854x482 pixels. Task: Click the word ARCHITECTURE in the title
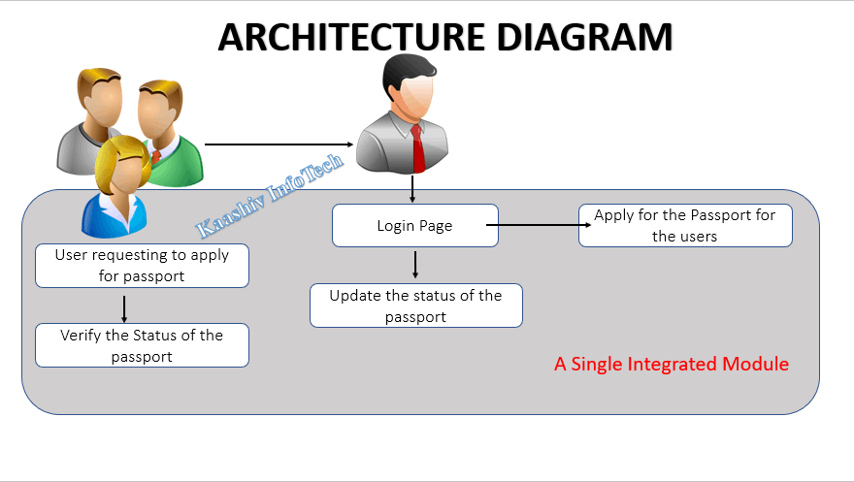tap(352, 37)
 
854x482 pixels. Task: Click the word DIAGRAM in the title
tap(584, 37)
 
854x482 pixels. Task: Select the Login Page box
tap(415, 225)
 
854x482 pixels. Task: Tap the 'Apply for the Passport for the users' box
tap(685, 225)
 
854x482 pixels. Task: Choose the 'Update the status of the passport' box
tap(416, 305)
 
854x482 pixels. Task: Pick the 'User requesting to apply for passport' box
tap(142, 266)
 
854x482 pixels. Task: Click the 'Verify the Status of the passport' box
tap(142, 345)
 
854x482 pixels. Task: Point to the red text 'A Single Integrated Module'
tap(672, 364)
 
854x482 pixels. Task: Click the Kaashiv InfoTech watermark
tap(269, 196)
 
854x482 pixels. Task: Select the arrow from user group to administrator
tap(279, 145)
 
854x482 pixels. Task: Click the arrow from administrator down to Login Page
tap(412, 189)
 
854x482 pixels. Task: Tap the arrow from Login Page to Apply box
tap(539, 225)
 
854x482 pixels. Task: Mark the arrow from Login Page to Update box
tap(415, 265)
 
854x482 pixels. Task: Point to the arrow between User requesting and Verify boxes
tap(124, 309)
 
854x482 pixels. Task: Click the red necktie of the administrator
tap(417, 148)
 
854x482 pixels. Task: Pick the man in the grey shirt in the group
tap(90, 121)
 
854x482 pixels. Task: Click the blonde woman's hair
tap(121, 159)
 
